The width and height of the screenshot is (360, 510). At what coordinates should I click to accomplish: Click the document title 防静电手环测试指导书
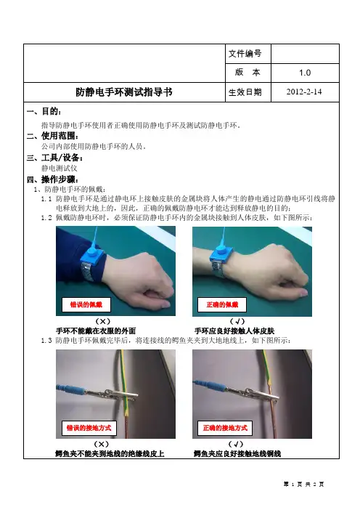click(124, 92)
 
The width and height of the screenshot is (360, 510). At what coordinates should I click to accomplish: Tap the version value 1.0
click(305, 73)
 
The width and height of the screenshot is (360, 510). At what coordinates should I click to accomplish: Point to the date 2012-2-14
click(304, 92)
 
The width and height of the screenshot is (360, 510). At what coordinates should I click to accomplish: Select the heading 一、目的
click(44, 112)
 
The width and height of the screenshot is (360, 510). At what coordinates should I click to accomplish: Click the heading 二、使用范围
click(52, 136)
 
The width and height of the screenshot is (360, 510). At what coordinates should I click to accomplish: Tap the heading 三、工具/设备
click(54, 158)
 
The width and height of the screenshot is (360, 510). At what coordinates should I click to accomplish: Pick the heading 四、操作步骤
click(52, 179)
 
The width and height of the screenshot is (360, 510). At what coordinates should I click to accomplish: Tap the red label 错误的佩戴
click(86, 304)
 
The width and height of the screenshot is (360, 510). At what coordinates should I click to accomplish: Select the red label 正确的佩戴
click(222, 304)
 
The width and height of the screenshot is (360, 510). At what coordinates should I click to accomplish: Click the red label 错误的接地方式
click(89, 428)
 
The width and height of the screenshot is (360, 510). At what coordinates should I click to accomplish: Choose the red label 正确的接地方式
click(225, 428)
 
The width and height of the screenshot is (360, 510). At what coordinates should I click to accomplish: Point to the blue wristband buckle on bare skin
click(221, 254)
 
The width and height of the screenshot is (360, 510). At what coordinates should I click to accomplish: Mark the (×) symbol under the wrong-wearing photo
click(102, 321)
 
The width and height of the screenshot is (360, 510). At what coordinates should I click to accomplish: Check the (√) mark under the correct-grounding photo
click(236, 444)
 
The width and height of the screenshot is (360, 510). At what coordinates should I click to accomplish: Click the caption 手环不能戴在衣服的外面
click(96, 331)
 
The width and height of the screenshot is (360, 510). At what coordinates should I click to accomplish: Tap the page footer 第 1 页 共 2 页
click(303, 485)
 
